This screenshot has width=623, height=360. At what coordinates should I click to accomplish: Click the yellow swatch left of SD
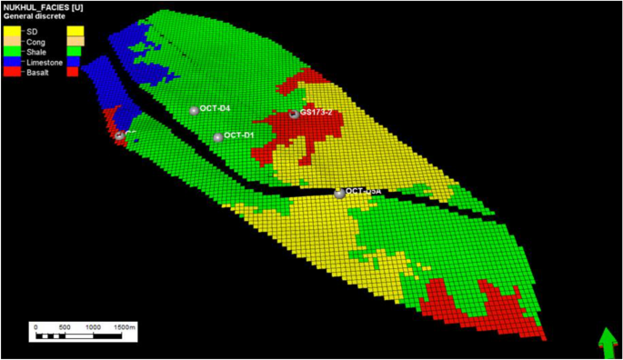tap(11, 31)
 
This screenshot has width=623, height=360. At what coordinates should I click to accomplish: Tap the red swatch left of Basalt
tap(11, 72)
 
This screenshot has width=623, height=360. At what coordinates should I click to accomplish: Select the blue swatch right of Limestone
tap(76, 62)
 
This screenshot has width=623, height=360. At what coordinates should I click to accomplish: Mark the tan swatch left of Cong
tap(11, 42)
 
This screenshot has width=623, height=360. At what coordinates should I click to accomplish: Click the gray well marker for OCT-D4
tap(194, 111)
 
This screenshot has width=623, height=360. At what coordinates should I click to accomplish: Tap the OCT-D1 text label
tap(238, 135)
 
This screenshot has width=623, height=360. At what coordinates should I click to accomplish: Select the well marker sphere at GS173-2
tap(294, 115)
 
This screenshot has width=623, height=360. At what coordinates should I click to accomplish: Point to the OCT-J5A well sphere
tap(339, 193)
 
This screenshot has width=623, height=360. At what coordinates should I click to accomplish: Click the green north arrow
tap(607, 345)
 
